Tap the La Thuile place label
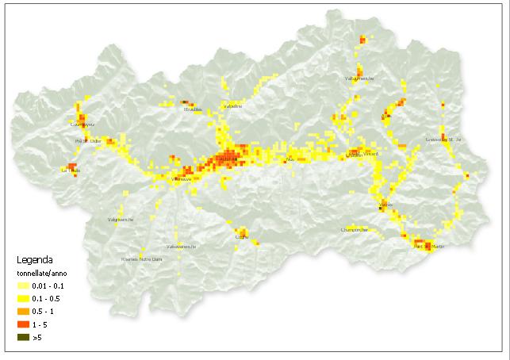tap(71, 170)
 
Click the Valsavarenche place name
tap(181, 246)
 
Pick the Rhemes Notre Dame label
tap(141, 259)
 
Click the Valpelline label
tap(232, 105)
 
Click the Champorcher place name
tap(355, 230)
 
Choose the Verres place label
tap(385, 205)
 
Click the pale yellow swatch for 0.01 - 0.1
tap(25, 285)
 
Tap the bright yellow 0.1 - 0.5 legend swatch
tap(25, 298)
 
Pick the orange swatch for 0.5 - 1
tap(25, 312)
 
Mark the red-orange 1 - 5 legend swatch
tap(25, 324)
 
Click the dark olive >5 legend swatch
tap(25, 337)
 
